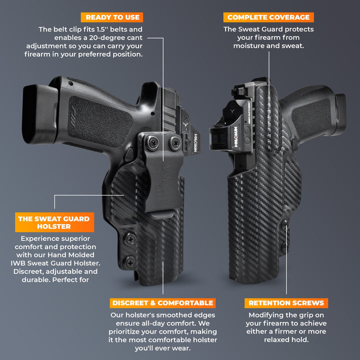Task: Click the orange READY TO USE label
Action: coord(112,17)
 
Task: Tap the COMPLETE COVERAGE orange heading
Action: coord(268,17)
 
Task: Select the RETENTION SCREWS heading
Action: coord(286,303)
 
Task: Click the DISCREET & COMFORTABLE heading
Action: coord(162,303)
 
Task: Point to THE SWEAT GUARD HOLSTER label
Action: coord(54,222)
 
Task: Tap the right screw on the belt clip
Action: coord(175,143)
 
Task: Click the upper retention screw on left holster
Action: coord(130,238)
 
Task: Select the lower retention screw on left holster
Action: coord(130,261)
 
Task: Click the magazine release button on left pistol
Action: coord(129,152)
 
